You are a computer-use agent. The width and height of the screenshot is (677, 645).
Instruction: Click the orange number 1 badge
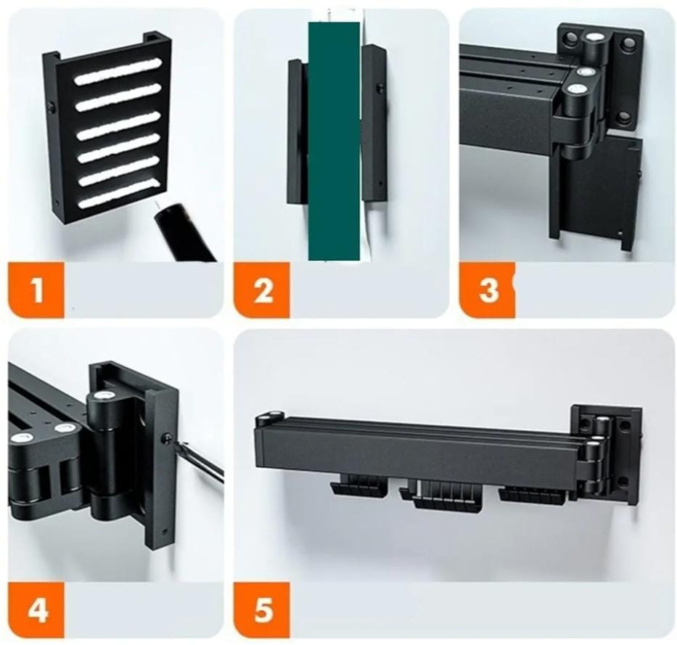(x=36, y=289)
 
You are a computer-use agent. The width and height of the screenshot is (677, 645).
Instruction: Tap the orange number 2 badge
(x=262, y=289)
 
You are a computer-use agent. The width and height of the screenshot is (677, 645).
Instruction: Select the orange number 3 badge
(x=487, y=289)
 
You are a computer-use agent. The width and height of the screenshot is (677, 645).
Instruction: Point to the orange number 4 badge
(x=36, y=609)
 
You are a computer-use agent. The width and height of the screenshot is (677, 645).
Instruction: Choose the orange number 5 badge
(x=262, y=609)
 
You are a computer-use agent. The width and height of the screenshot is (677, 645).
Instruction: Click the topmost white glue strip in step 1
(x=118, y=71)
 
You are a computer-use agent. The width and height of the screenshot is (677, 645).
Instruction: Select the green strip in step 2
(x=334, y=141)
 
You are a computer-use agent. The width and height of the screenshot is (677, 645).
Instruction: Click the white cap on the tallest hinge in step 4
(x=103, y=395)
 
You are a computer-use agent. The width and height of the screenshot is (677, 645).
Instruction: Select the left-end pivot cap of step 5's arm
(x=268, y=416)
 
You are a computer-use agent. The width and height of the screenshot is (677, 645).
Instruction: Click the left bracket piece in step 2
(x=297, y=131)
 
